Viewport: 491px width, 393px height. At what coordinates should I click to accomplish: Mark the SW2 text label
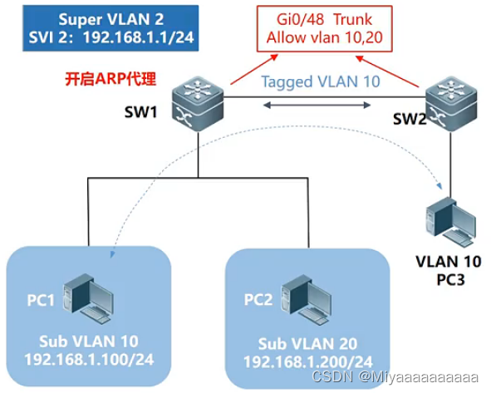tap(409, 116)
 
